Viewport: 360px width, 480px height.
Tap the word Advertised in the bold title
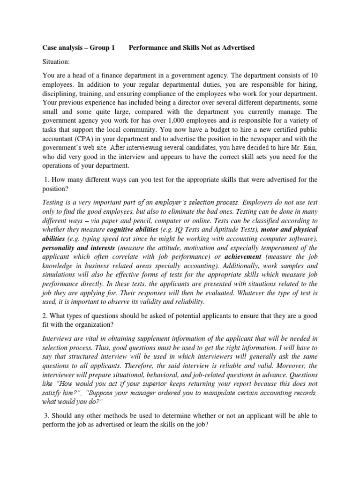tap(237, 48)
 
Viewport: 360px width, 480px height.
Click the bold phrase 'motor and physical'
tap(289, 229)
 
